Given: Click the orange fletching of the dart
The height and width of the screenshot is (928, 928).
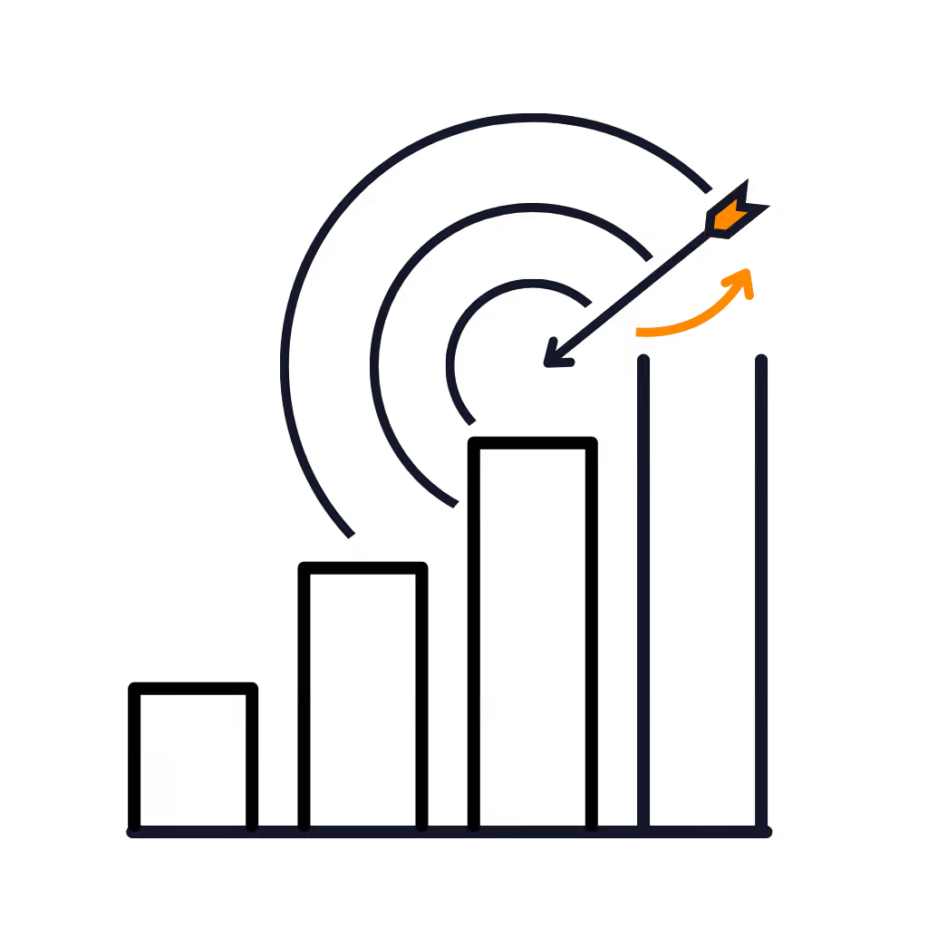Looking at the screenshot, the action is [x=730, y=216].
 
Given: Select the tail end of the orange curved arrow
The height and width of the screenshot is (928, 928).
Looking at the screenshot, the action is [x=640, y=333].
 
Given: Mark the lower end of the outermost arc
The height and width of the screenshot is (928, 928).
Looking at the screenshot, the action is [x=350, y=535].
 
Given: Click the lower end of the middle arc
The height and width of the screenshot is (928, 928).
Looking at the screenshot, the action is [x=454, y=502].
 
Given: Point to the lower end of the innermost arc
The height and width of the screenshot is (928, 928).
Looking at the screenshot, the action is [x=471, y=421].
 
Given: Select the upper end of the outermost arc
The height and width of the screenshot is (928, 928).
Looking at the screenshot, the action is [x=708, y=189].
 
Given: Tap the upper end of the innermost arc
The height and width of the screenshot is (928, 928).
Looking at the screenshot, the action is [x=588, y=302].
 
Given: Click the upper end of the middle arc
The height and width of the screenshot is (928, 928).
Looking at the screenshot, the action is [x=649, y=257].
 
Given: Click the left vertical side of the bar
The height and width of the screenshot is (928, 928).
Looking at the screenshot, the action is [x=643, y=589].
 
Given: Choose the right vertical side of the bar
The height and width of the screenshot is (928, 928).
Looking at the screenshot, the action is [x=761, y=589].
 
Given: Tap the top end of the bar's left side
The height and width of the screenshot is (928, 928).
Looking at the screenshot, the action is [x=643, y=361].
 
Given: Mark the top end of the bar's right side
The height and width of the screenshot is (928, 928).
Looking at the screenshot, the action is [x=761, y=360].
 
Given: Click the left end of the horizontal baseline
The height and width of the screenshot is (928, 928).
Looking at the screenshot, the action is [x=133, y=831].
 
